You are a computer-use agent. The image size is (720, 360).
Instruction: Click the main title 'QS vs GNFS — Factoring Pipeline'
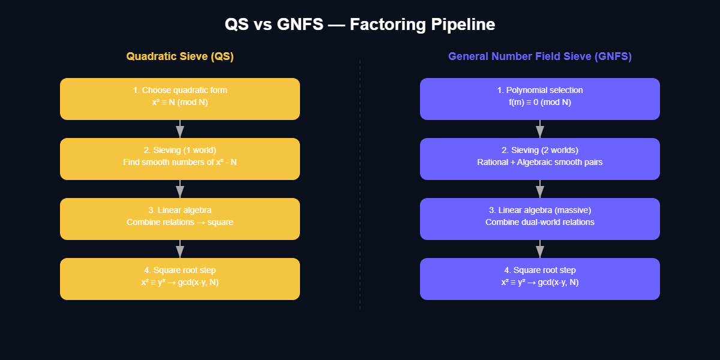pyautogui.click(x=360, y=25)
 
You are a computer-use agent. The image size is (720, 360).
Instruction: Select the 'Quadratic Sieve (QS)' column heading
pyautogui.click(x=180, y=56)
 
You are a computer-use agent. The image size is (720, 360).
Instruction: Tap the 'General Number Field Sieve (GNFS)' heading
pyautogui.click(x=540, y=56)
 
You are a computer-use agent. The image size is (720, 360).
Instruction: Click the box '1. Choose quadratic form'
pyautogui.click(x=180, y=99)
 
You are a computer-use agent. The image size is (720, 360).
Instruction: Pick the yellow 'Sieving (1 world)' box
pyautogui.click(x=180, y=159)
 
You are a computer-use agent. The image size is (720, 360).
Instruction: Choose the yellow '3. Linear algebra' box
pyautogui.click(x=180, y=219)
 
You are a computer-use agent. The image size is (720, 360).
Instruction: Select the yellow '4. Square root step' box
pyautogui.click(x=180, y=279)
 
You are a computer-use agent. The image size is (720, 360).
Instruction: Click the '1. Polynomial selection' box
pyautogui.click(x=540, y=99)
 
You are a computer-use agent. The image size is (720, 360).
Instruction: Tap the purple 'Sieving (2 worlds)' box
pyautogui.click(x=540, y=159)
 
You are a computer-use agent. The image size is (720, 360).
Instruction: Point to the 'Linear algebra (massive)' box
pyautogui.click(x=540, y=219)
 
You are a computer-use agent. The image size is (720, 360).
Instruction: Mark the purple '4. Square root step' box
pyautogui.click(x=540, y=279)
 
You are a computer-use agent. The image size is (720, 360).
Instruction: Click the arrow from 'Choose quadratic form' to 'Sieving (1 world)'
pyautogui.click(x=180, y=129)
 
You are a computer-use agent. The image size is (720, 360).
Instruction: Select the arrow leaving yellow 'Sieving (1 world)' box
pyautogui.click(x=180, y=189)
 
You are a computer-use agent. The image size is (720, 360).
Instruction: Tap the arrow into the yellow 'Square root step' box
pyautogui.click(x=180, y=249)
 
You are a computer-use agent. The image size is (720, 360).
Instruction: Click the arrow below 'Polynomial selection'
pyautogui.click(x=540, y=129)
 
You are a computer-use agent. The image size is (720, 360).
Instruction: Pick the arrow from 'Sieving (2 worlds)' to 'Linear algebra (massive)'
pyautogui.click(x=540, y=189)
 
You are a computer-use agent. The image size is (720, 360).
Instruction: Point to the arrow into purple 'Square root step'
pyautogui.click(x=540, y=249)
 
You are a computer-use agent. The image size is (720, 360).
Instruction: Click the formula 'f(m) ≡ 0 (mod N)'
pyautogui.click(x=540, y=103)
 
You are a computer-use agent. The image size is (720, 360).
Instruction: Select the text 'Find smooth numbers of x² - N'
pyautogui.click(x=180, y=163)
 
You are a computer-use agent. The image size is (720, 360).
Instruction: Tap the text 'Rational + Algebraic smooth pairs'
pyautogui.click(x=540, y=163)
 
